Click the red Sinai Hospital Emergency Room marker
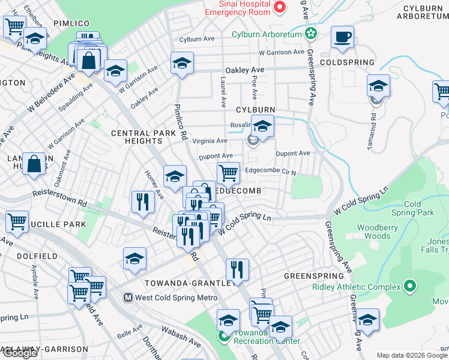pos(279,7)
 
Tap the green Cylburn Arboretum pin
pos(310,34)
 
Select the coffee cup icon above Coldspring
pos(342,37)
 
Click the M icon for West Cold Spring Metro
pos(128,298)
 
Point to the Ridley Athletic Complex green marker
pos(410,286)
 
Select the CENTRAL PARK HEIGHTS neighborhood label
pos(136,136)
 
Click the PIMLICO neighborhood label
pos(71,23)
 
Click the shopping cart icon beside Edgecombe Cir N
pos(228,173)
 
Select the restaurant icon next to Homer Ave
pos(143,201)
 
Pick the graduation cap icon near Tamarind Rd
pos(379,86)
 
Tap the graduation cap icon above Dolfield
pos(135,259)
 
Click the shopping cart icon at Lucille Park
pos(17,221)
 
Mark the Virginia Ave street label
pos(213,141)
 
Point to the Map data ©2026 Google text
pos(412,355)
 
